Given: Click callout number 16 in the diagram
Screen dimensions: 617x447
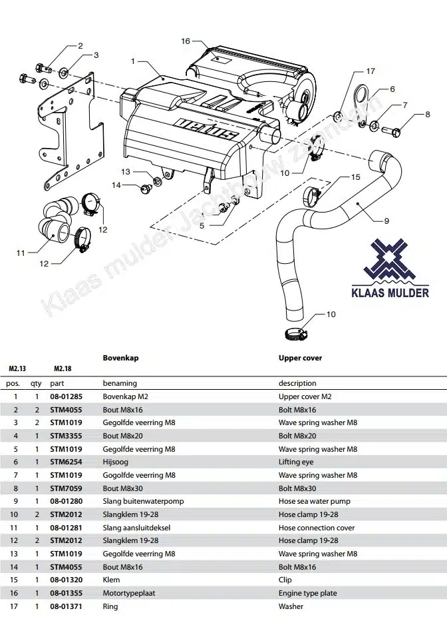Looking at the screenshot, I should tap(186, 41).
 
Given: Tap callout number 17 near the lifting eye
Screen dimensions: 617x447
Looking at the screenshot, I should tap(371, 71).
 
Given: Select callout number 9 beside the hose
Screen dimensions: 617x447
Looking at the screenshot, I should tap(386, 221).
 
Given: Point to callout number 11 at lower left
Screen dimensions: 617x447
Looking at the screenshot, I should tap(21, 253).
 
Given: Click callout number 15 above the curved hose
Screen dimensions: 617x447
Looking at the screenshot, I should tap(355, 177).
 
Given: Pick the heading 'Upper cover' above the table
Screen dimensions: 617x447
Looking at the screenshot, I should tap(300, 358).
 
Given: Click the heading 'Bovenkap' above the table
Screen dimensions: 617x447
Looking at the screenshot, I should tap(120, 358).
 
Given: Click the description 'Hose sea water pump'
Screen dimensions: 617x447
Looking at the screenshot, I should tap(314, 501).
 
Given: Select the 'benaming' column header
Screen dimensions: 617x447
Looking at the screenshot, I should tap(120, 384).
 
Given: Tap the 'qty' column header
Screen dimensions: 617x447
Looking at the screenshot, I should tap(36, 384).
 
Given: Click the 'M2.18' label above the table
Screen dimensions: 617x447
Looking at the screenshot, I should tap(63, 368).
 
